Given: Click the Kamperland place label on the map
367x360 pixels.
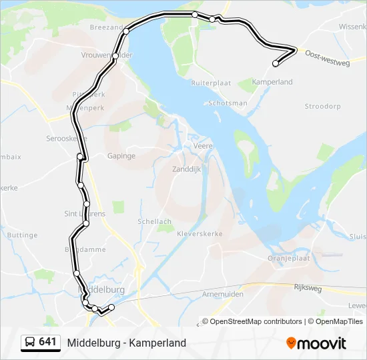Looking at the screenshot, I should coord(272,82).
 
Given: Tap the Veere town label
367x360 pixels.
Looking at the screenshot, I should coord(202,145).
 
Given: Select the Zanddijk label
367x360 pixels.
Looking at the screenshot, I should coord(187,169).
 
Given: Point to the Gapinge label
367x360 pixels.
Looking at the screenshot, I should coord(121,156).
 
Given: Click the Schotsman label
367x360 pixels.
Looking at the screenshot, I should coord(228,103).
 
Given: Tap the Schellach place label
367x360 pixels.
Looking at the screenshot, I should coord(154,221).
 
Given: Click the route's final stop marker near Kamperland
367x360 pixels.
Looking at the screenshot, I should coord(276,64).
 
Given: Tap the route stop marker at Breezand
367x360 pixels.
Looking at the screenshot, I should coord(125,31).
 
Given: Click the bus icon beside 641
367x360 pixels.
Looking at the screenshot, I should coord(30,343).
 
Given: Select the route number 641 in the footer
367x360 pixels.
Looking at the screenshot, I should coord(47,342).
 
